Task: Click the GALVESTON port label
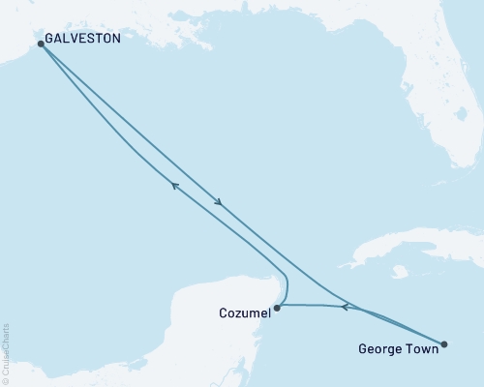(83, 40)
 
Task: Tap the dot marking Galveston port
(41, 44)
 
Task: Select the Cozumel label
(242, 313)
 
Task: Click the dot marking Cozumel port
(277, 309)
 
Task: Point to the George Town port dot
(444, 343)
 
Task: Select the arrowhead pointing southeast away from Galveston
(220, 203)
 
